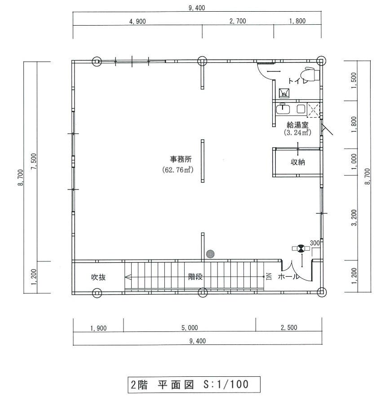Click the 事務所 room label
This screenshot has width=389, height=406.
(181, 159)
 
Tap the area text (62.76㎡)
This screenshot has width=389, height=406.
(177, 170)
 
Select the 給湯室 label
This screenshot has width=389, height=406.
(297, 124)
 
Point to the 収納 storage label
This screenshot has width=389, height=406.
(297, 162)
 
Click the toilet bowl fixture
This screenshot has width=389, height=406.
(310, 73)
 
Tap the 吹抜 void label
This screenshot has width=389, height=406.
(98, 277)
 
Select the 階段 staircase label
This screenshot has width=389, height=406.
(195, 277)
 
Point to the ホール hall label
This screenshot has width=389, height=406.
(288, 277)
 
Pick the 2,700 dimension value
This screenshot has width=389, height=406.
(237, 21)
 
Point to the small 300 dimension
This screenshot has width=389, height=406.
(314, 243)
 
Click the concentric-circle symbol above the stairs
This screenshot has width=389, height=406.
(210, 254)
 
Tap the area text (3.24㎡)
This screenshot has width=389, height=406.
(297, 132)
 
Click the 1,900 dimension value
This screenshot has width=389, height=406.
(98, 328)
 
